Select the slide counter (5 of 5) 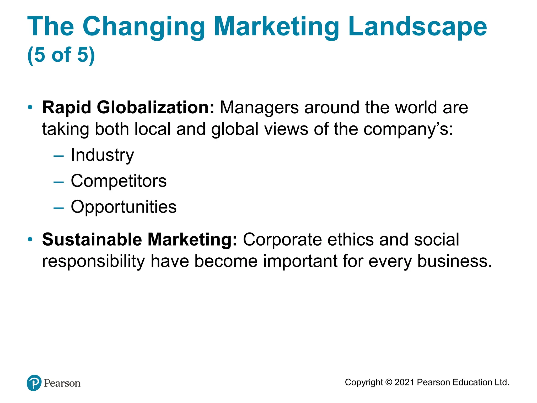click(61, 55)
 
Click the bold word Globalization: click(155, 108)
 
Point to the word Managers click(259, 108)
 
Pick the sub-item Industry click(102, 155)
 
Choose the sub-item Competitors click(119, 181)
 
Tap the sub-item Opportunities click(123, 207)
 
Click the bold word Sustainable click(92, 240)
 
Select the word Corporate click(282, 240)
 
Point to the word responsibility click(93, 261)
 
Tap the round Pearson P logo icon click(34, 383)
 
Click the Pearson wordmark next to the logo click(62, 383)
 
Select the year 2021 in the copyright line click(404, 382)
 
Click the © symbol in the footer click(389, 382)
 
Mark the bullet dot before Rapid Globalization click(30, 107)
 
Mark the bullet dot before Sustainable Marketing click(30, 239)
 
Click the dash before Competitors click(58, 182)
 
